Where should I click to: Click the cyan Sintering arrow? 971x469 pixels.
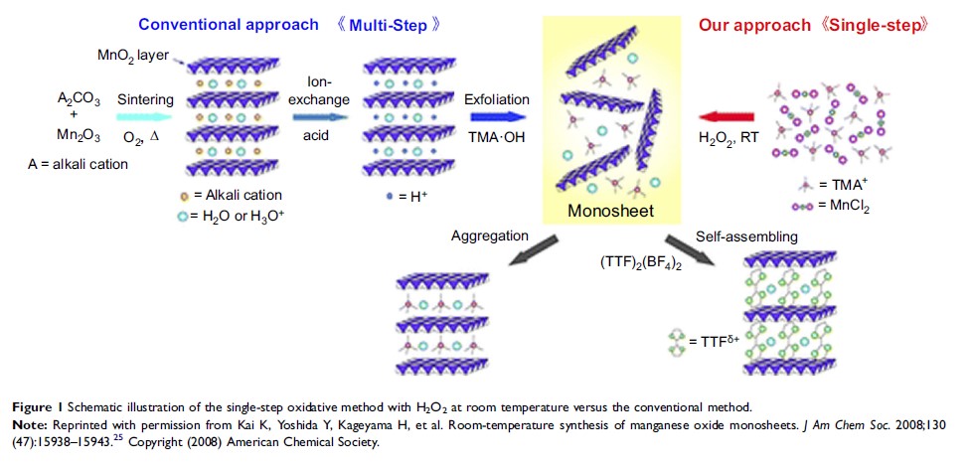146,116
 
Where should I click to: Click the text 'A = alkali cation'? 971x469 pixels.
80,164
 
